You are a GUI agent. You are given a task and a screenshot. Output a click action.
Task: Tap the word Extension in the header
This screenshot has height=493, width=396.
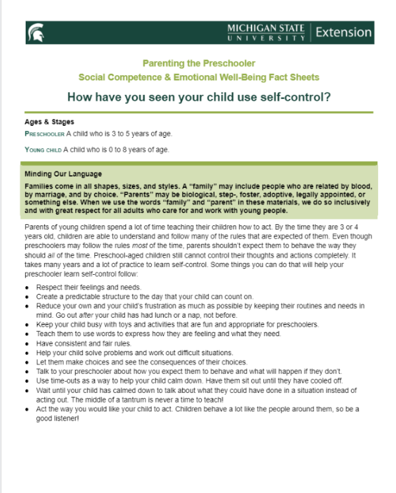[x=343, y=32]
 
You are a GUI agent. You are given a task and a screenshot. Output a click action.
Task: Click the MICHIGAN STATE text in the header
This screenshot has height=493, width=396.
[x=266, y=28]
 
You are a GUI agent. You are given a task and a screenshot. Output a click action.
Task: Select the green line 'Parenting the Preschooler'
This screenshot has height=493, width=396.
[x=198, y=64]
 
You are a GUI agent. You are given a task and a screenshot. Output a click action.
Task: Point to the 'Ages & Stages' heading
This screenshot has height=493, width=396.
[x=49, y=122]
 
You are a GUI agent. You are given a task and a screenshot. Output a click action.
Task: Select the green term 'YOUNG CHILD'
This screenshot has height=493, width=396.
[x=43, y=150]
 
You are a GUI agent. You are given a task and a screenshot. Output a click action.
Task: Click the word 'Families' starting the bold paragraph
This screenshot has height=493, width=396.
[x=41, y=186]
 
